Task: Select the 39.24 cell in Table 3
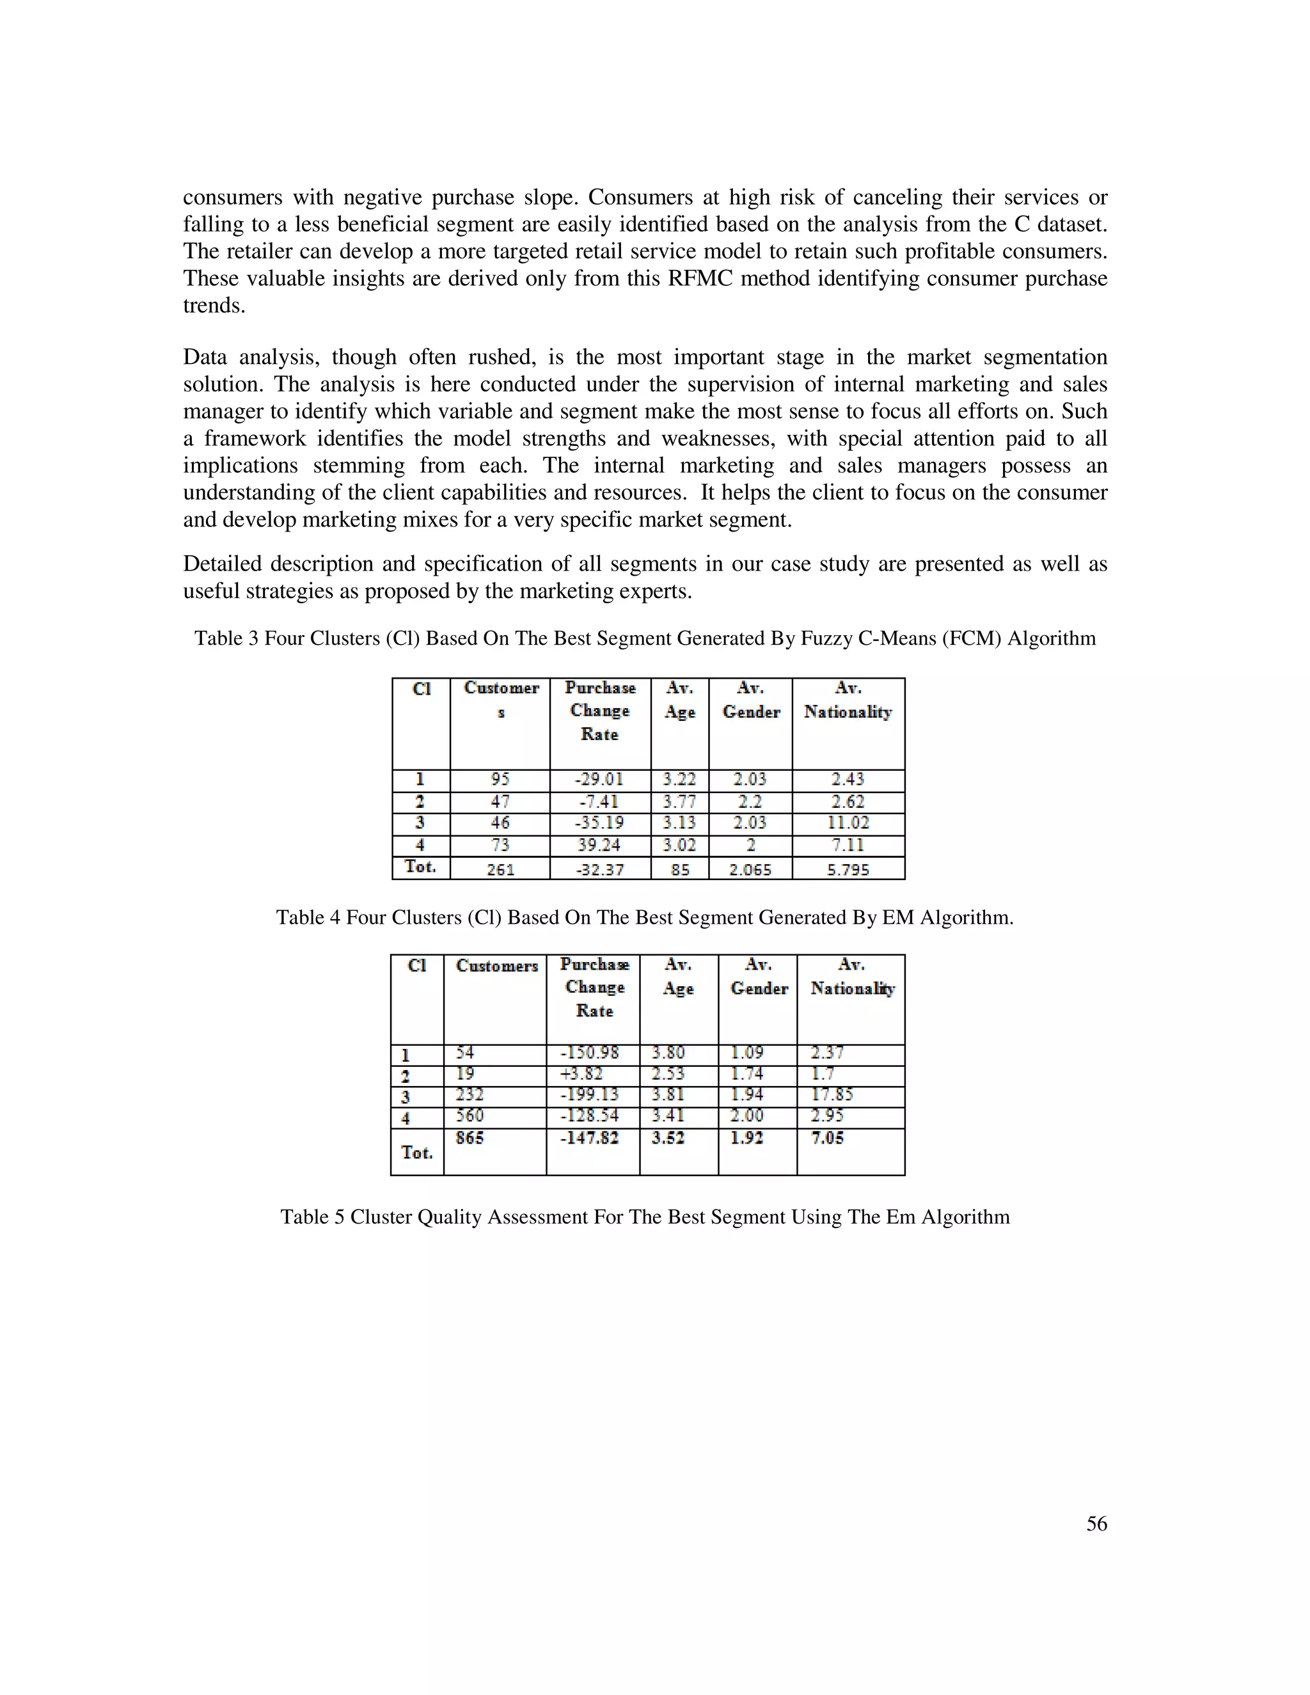pyautogui.click(x=599, y=845)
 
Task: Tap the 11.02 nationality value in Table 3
pyautogui.click(x=848, y=823)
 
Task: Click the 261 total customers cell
pyautogui.click(x=501, y=869)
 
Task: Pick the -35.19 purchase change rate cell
pyautogui.click(x=599, y=823)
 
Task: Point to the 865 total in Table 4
pyautogui.click(x=470, y=1138)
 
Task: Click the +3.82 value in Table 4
pyautogui.click(x=581, y=1074)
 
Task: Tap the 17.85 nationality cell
pyautogui.click(x=832, y=1095)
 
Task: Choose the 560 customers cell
pyautogui.click(x=470, y=1116)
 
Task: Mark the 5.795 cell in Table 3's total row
pyautogui.click(x=848, y=869)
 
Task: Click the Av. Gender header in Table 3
pyautogui.click(x=750, y=700)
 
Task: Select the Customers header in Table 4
pyautogui.click(x=496, y=966)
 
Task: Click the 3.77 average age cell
pyautogui.click(x=679, y=801)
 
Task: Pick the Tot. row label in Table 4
pyautogui.click(x=417, y=1153)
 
